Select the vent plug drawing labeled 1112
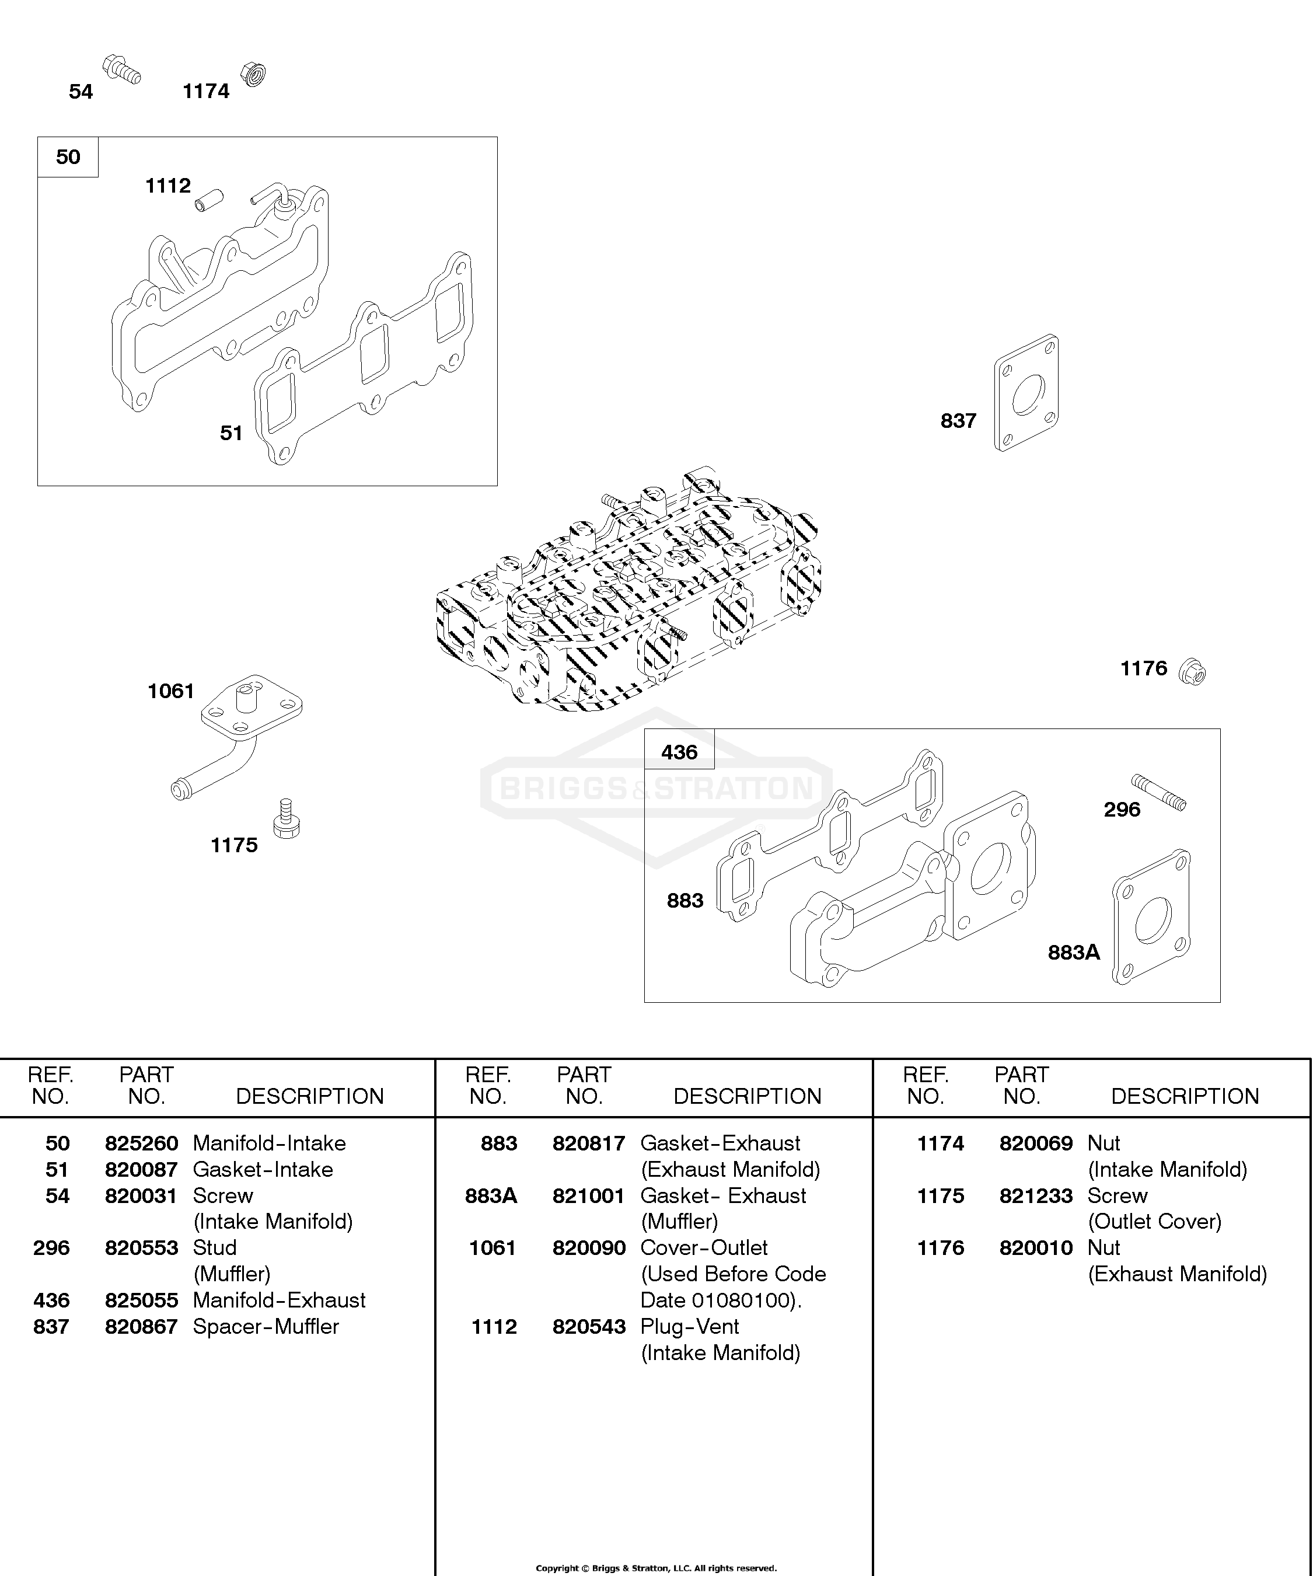(209, 200)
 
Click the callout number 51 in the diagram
(231, 433)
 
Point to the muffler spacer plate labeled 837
(1026, 392)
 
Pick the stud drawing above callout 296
(1158, 793)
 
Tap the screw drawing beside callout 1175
(286, 819)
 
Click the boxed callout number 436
(679, 752)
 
